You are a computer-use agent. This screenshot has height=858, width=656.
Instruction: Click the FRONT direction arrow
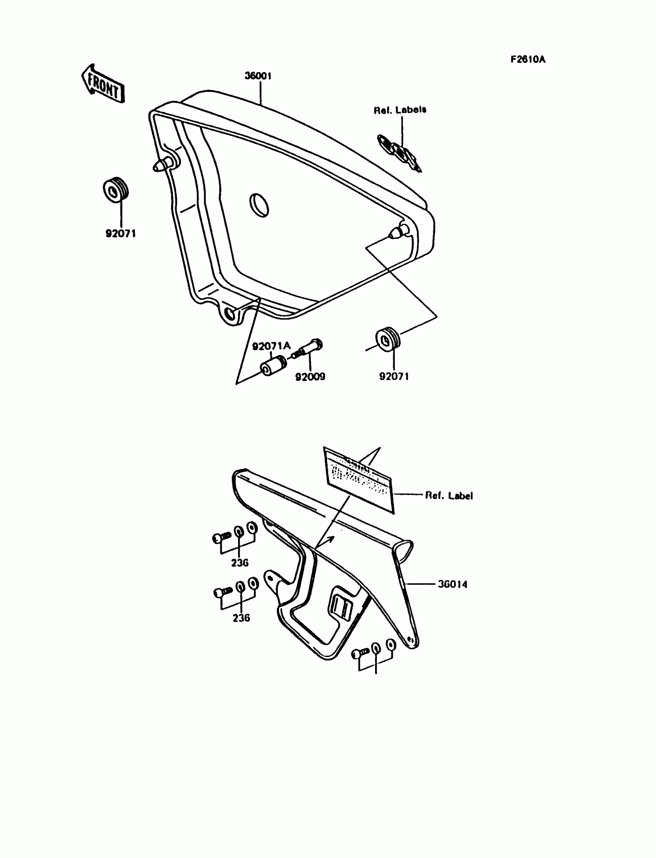[x=103, y=85]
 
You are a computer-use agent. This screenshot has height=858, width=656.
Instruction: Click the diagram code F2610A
[x=528, y=59]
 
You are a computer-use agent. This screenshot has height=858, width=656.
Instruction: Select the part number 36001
[x=258, y=76]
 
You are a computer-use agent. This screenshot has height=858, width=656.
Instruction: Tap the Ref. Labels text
[x=400, y=110]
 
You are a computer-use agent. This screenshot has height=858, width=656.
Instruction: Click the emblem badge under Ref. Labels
[x=399, y=152]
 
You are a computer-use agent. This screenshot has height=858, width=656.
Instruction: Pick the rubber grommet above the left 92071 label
[x=116, y=190]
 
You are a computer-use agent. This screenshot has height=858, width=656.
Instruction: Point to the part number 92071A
[x=271, y=345]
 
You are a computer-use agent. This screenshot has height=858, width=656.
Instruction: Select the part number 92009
[x=310, y=377]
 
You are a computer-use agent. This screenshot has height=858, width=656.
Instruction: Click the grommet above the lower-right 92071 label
[x=387, y=339]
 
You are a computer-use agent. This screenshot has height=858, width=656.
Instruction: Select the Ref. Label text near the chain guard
[x=449, y=496]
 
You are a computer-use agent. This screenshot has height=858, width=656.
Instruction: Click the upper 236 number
[x=240, y=563]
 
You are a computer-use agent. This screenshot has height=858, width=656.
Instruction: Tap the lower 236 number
[x=241, y=618]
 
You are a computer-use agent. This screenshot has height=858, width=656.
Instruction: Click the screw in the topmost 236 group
[x=221, y=538]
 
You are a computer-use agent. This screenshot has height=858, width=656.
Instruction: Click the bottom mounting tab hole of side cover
[x=230, y=315]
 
